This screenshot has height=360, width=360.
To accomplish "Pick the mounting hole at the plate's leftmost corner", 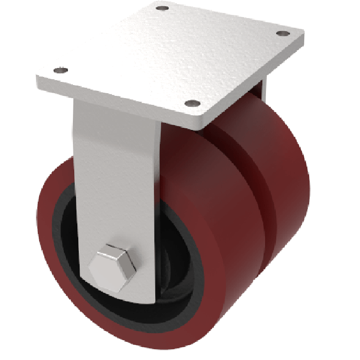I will [x=60, y=70].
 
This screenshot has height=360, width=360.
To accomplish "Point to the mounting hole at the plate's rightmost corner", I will [x=283, y=33].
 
